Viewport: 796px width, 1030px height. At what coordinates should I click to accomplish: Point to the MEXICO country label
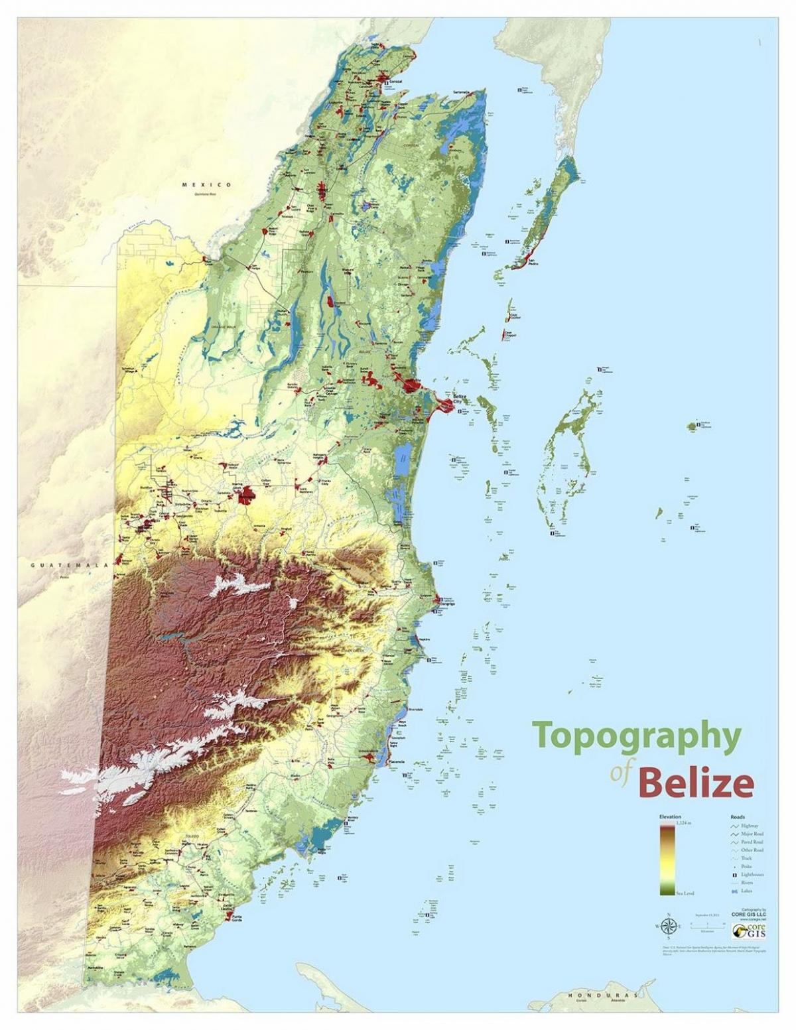pos(207,184)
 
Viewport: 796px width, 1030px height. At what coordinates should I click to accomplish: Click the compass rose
pos(668,926)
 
